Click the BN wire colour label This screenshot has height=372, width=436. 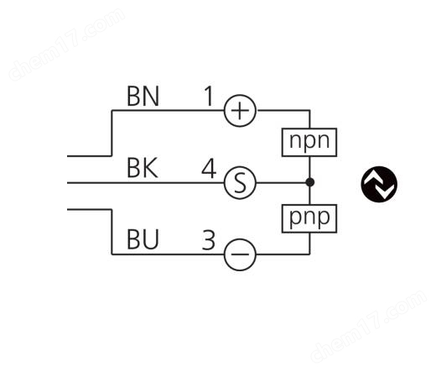[x=143, y=96]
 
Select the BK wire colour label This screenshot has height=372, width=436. [x=143, y=168]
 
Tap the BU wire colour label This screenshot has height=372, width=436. [x=143, y=239]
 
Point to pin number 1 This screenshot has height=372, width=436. [x=209, y=96]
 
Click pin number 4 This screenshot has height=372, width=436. [x=209, y=168]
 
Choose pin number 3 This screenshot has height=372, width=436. [x=209, y=240]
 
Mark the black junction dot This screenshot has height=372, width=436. [x=310, y=182]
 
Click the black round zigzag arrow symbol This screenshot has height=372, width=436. [x=379, y=184]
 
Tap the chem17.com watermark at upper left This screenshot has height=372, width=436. [x=67, y=45]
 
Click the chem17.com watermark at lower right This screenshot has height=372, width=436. [x=369, y=326]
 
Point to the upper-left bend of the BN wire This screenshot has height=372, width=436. [x=112, y=111]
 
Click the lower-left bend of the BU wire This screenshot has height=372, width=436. [x=112, y=254]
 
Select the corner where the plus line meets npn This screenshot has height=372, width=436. [x=310, y=111]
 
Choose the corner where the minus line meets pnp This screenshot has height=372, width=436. [x=310, y=254]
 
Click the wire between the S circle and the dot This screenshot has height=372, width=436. [x=281, y=183]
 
